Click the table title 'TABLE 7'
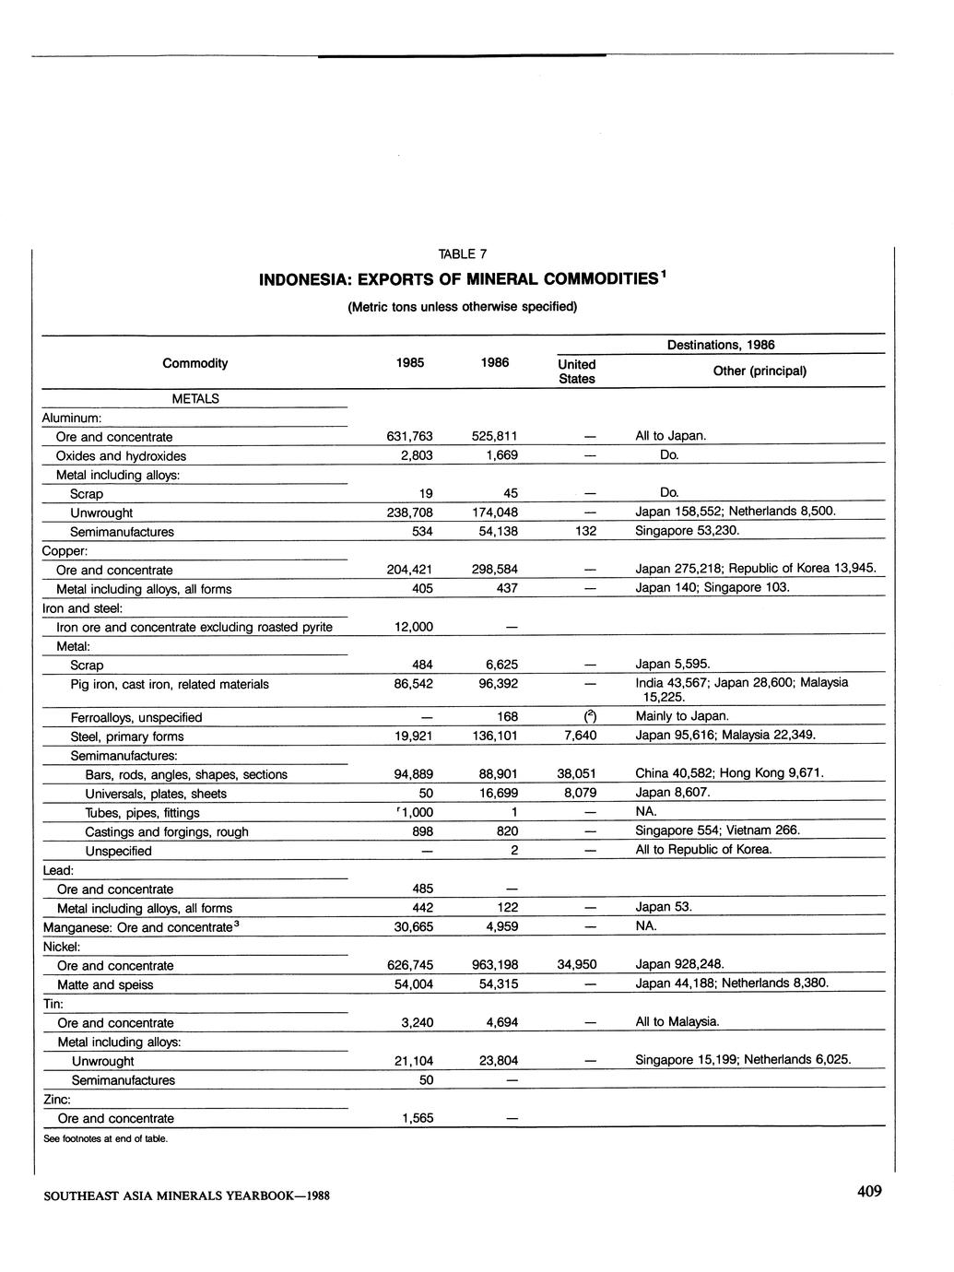click(x=462, y=254)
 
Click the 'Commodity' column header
click(x=194, y=363)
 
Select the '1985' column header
click(x=409, y=363)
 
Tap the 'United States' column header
click(x=577, y=371)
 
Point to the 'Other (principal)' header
click(x=760, y=371)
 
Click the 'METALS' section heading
click(x=195, y=399)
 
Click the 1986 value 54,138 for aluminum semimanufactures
click(x=495, y=532)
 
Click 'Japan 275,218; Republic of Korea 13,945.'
click(x=755, y=569)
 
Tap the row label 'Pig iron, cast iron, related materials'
click(x=170, y=684)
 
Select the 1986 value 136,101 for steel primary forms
click(x=495, y=736)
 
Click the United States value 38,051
click(x=577, y=774)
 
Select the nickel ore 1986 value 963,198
click(x=495, y=965)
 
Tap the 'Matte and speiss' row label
click(x=105, y=984)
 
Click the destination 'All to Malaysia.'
click(x=677, y=1021)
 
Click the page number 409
click(x=869, y=1192)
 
